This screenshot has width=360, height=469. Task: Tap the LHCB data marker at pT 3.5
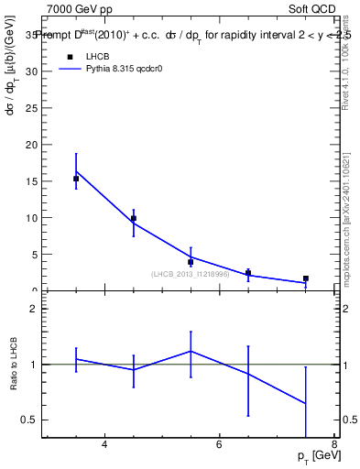(x=76, y=179)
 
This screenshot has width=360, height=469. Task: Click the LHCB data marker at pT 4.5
(x=134, y=218)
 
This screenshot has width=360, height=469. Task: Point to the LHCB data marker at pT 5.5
(x=191, y=262)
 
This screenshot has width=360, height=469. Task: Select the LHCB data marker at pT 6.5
(x=248, y=272)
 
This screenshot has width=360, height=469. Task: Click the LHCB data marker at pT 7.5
(x=306, y=278)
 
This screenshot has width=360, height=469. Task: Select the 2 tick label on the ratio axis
(x=34, y=309)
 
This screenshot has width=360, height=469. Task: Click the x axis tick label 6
(x=219, y=445)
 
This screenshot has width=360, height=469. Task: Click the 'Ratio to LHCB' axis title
(x=14, y=365)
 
